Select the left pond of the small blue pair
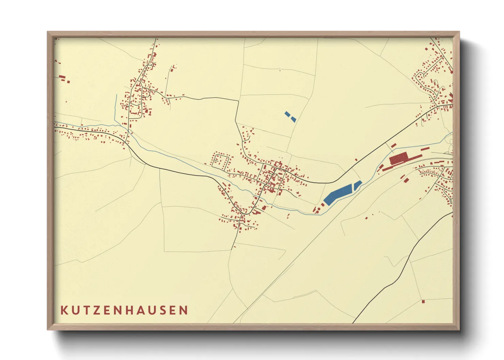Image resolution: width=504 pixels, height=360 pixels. (x=287, y=114)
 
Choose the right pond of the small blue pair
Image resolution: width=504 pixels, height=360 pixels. (x=294, y=119)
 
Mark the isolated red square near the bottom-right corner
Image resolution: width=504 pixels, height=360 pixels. (x=423, y=301)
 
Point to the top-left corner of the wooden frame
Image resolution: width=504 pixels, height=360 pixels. (x=48, y=32)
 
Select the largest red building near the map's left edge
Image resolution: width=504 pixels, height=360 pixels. (x=62, y=77)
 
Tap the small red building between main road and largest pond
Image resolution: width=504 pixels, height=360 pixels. (x=356, y=159)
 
